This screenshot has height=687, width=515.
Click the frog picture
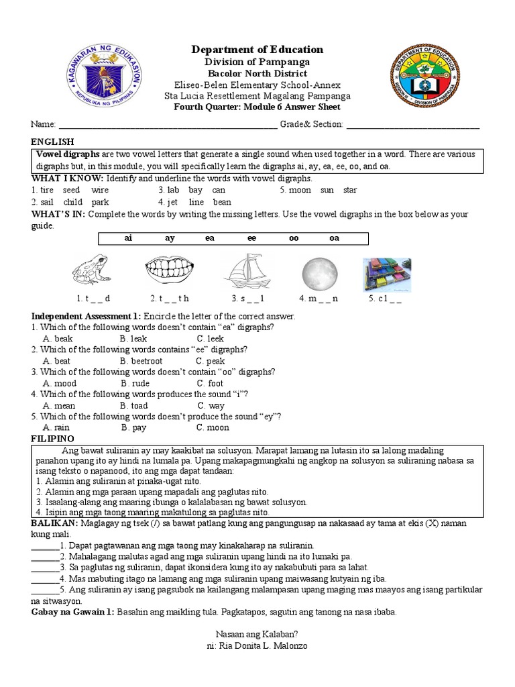click(91, 270)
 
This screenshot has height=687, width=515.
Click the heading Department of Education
click(257, 50)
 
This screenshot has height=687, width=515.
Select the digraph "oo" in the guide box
click(294, 238)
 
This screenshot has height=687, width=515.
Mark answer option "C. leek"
click(210, 339)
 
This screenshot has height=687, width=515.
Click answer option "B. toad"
click(133, 405)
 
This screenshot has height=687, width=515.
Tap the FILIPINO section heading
click(56, 437)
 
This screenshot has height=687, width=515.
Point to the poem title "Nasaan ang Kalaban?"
click(257, 635)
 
